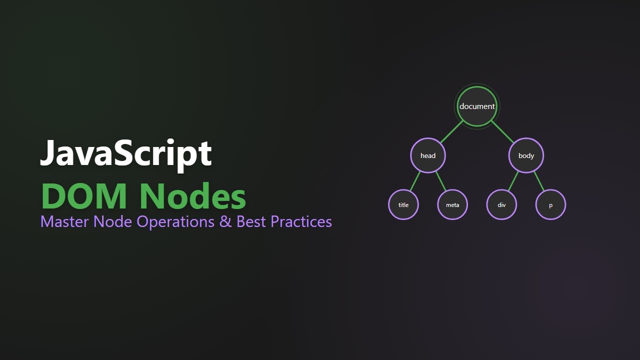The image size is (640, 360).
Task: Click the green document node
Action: tap(477, 106)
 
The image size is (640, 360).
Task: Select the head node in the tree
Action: tap(428, 155)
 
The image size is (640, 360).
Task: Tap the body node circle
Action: tap(526, 155)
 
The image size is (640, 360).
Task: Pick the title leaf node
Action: tap(403, 205)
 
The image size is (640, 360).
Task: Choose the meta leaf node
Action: tap(452, 205)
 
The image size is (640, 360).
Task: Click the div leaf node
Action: tap(501, 205)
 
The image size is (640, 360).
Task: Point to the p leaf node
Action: tap(550, 205)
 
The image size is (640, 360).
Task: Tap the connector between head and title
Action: tap(415, 181)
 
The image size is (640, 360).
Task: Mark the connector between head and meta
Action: tap(440, 181)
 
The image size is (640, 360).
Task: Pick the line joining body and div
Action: tap(513, 181)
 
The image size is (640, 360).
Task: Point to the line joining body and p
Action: tap(538, 181)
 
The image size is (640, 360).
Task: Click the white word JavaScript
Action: tap(126, 153)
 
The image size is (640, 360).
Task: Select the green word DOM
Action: tap(85, 196)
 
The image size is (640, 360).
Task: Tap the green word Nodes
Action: tap(192, 196)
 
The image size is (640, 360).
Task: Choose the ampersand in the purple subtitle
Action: tap(225, 221)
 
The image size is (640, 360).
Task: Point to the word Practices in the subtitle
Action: tap(301, 221)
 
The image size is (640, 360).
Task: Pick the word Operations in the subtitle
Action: tap(175, 222)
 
